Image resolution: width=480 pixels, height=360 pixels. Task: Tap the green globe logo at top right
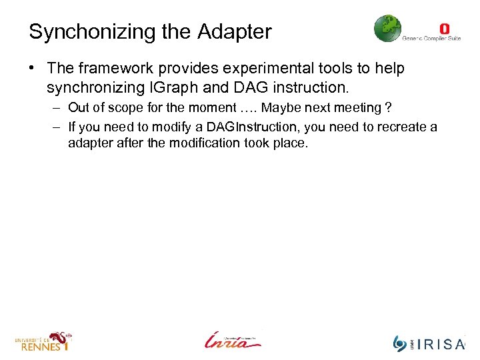[387, 29]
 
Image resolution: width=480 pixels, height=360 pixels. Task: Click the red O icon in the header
[445, 29]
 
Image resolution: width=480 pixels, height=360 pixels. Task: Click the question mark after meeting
[387, 108]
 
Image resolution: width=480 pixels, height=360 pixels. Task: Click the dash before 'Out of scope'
[53, 108]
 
